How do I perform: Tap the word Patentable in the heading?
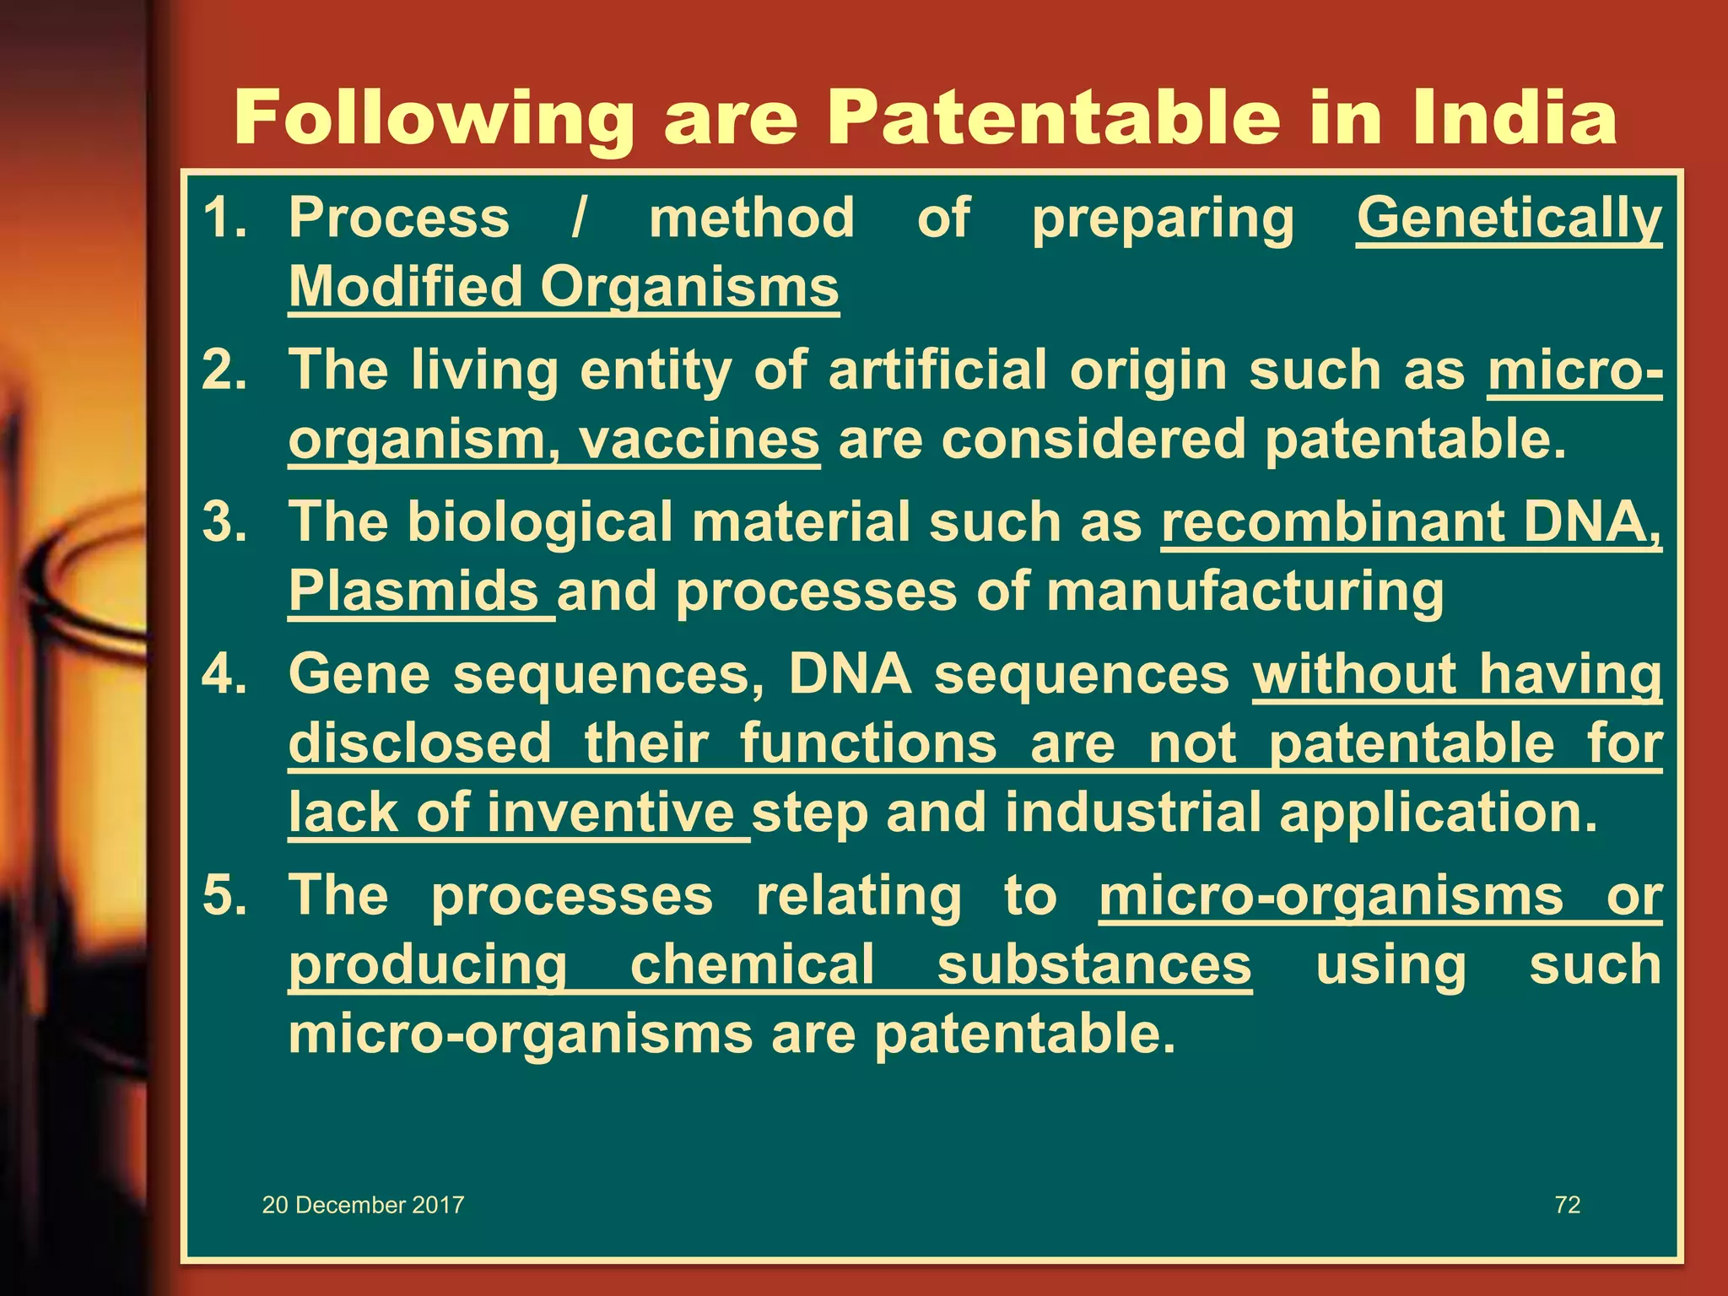tap(1051, 118)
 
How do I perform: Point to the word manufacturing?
tap(1245, 592)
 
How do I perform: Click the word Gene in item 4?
tap(359, 675)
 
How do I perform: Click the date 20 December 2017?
tap(363, 1205)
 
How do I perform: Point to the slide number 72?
tap(1567, 1205)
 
